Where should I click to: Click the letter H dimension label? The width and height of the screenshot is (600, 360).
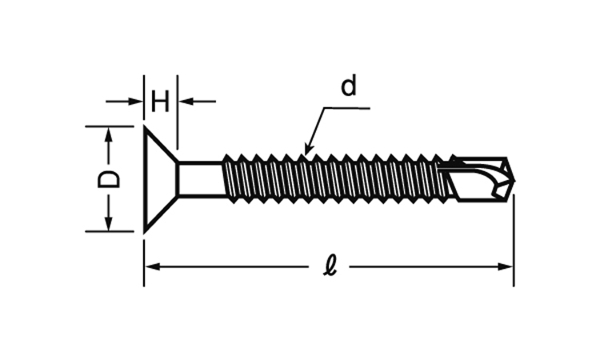point(160,102)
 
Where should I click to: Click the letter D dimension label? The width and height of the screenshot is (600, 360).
point(110,178)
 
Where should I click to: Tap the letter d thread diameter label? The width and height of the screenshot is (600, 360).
point(348,86)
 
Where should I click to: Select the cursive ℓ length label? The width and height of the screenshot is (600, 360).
point(329,266)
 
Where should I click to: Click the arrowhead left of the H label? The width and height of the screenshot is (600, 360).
point(137,102)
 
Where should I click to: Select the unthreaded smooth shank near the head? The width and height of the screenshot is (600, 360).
point(198,178)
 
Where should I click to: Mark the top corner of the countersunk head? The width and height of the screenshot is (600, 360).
point(145,126)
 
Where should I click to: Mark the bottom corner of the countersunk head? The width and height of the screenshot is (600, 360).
point(145,232)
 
